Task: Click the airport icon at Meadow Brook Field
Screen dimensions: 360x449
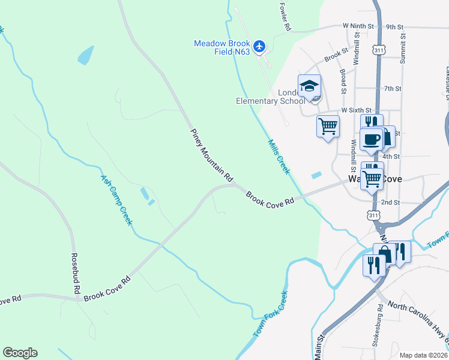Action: (x=259, y=46)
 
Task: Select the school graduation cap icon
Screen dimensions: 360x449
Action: (x=309, y=86)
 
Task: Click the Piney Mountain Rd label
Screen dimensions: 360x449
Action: (x=211, y=155)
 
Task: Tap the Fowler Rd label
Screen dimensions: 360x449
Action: (x=285, y=16)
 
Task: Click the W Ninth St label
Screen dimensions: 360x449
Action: (x=358, y=26)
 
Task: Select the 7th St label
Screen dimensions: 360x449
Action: (x=393, y=89)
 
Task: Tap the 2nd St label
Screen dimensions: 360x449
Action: (x=390, y=203)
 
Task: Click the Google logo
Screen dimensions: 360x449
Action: (x=20, y=353)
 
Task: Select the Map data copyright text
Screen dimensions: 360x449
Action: (x=423, y=355)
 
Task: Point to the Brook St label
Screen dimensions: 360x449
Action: (x=336, y=55)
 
